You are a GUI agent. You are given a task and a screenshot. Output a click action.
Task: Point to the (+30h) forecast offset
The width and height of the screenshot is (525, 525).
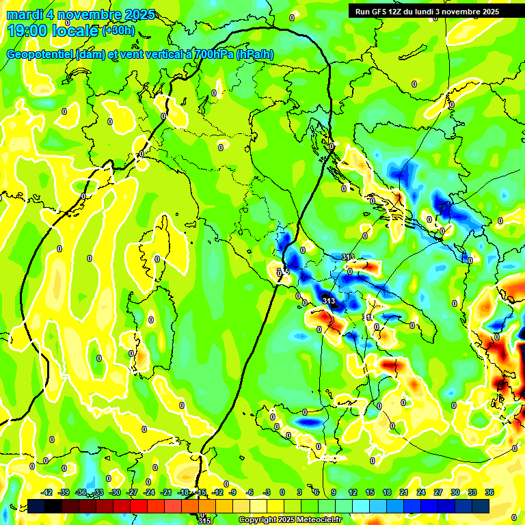point(118,30)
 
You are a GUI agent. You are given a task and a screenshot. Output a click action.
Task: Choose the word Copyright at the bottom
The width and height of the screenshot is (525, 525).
point(258,520)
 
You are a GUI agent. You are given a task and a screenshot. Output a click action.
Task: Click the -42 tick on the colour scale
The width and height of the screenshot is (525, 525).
point(47,492)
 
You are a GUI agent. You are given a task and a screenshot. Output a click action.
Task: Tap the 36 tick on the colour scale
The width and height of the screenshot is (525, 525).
point(489,492)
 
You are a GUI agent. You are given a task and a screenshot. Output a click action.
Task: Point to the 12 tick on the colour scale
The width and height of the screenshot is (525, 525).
point(352,492)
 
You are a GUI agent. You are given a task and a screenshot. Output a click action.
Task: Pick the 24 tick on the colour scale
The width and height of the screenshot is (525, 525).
point(420,492)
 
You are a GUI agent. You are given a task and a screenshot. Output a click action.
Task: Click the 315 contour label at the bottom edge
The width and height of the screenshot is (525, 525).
point(204,520)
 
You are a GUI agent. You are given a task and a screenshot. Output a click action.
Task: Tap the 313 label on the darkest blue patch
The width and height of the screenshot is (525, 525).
point(329,301)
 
